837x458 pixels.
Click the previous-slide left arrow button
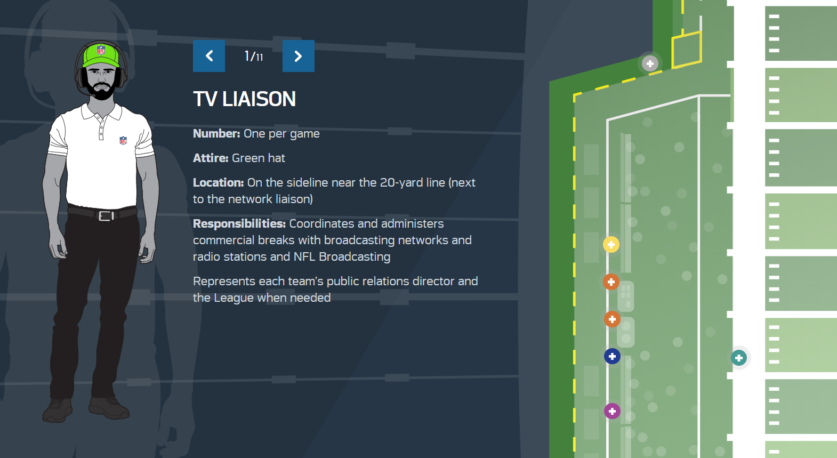209,56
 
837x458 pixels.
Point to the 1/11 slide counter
254,56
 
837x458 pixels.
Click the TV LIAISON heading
244,99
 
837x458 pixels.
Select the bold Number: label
216,134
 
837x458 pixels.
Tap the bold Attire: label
211,158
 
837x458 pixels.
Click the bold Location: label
218,183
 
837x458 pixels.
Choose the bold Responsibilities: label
239,224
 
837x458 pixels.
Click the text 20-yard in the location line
401,183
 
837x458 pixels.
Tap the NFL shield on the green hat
101,51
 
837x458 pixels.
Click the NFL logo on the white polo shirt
123,141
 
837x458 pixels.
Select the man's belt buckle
106,216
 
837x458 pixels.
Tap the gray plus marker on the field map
650,64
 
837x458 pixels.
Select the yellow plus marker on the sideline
611,245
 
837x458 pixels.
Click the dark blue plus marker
612,356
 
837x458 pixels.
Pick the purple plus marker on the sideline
612,411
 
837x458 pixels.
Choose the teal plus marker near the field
739,358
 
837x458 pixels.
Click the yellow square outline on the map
686,50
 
